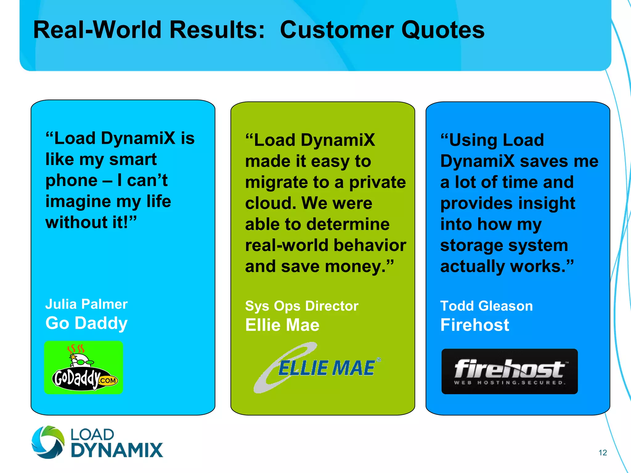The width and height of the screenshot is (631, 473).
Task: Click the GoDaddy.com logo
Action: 83,367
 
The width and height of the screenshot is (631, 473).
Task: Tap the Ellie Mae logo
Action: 317,368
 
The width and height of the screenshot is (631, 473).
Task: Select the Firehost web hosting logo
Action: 509,371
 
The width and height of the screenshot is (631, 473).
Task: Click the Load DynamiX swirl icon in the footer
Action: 48,442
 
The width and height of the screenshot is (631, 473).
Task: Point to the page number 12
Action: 602,452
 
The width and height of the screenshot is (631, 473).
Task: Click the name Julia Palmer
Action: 86,304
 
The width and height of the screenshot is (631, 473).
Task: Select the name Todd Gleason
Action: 486,306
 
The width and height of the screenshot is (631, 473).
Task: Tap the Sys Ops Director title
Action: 302,306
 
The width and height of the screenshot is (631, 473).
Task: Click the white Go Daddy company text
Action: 86,323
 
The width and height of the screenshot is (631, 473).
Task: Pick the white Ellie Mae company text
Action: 282,325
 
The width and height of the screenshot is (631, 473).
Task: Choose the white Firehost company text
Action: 474,325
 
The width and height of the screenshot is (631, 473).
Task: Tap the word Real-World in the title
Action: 97,30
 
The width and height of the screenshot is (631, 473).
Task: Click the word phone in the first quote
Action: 71,180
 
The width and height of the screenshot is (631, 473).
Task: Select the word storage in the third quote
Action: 470,246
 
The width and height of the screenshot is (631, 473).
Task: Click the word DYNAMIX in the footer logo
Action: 117,450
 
